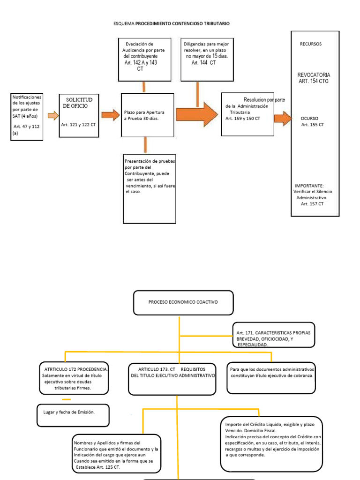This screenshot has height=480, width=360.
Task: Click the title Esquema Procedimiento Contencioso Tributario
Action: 172,23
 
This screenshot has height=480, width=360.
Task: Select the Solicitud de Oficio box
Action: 79,115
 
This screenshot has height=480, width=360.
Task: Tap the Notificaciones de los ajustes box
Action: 27,116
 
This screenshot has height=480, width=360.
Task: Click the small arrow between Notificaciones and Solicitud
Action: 53,116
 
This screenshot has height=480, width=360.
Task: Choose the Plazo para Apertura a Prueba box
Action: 147,116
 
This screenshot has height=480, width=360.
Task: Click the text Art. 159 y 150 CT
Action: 243,119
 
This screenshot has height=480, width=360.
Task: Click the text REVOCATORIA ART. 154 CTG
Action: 314,78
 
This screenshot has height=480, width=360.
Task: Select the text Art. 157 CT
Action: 312,203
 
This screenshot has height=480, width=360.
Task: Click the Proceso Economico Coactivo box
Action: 183,302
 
